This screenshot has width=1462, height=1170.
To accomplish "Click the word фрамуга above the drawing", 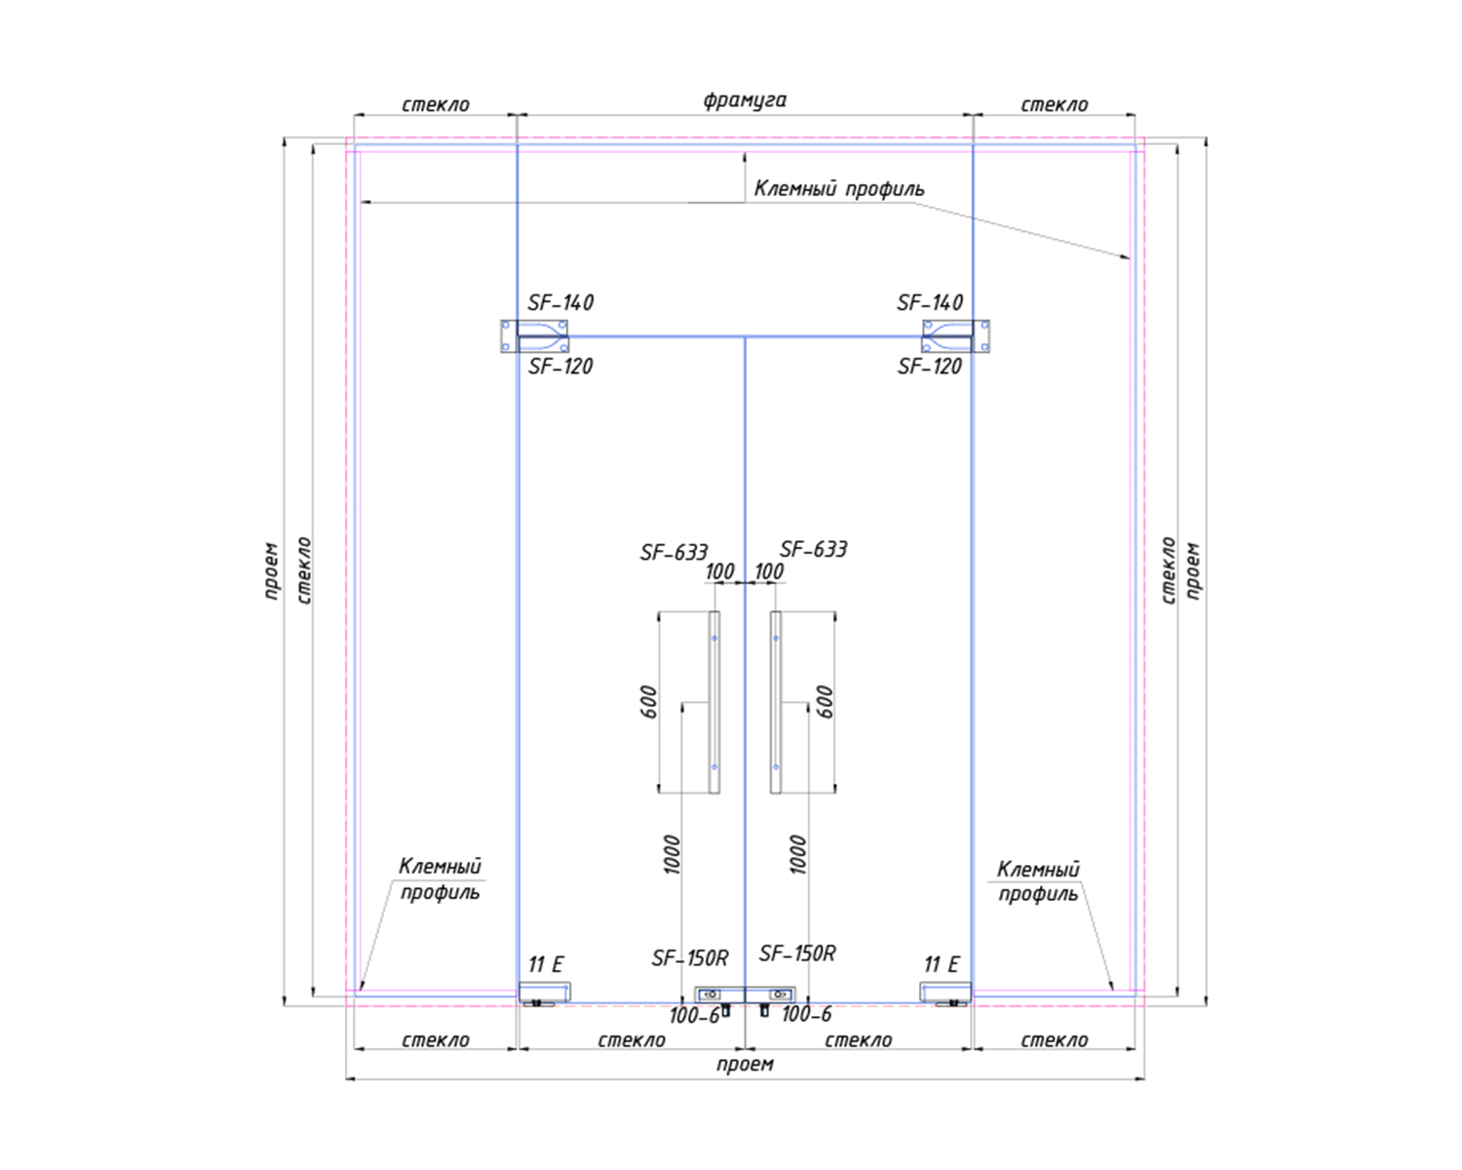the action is (x=745, y=100).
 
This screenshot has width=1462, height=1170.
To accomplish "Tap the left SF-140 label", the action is (x=560, y=302).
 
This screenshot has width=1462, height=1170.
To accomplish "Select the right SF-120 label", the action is (x=930, y=367).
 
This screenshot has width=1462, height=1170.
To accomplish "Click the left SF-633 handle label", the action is (x=673, y=552).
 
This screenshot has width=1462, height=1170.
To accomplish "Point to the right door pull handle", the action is (x=775, y=702).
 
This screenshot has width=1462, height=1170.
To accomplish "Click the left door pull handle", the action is (x=714, y=702).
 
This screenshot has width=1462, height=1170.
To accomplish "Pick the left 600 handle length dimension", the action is (x=649, y=702).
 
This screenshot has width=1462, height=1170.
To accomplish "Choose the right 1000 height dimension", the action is (x=798, y=854).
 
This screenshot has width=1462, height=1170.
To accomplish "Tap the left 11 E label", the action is (x=546, y=964).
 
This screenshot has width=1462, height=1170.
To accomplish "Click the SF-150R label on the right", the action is (x=797, y=954).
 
